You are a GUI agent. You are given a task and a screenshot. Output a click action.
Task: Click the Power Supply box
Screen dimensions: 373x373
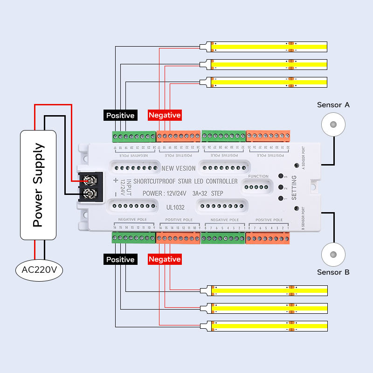click(38, 185)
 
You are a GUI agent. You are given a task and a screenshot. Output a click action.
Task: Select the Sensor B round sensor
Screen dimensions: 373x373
click(333, 255)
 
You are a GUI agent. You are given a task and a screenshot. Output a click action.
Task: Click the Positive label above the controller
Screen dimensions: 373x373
click(120, 115)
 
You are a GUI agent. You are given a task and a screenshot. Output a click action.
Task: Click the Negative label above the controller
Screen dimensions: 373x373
click(165, 115)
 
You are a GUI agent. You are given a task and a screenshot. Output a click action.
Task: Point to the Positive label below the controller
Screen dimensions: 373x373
click(120, 259)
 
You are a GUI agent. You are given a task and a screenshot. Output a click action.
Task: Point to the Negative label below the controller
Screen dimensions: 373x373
click(165, 259)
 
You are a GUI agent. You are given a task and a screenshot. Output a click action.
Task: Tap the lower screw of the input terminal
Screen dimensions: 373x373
click(91, 193)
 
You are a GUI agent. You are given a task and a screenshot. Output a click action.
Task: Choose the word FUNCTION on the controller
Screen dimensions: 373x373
click(258, 176)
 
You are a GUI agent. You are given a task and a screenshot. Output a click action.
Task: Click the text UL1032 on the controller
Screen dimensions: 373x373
click(176, 205)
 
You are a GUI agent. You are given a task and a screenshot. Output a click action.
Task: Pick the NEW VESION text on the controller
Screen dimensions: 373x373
click(179, 168)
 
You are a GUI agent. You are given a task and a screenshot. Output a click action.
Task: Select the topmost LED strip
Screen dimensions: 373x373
click(268, 47)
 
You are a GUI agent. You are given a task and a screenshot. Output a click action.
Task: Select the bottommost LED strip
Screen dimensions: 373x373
click(268, 326)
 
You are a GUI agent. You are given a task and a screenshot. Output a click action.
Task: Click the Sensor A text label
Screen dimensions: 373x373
click(333, 105)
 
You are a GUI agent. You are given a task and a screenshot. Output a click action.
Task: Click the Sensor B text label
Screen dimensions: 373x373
click(333, 272)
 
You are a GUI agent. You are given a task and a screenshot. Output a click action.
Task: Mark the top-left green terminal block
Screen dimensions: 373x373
click(134, 137)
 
